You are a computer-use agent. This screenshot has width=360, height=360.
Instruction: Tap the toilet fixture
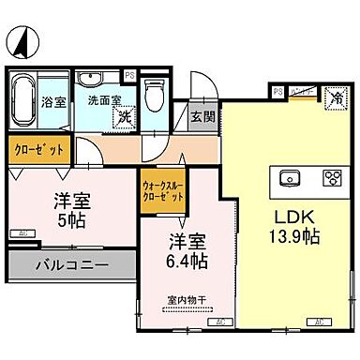(x=156, y=95)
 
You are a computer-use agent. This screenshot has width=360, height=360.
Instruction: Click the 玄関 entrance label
(x=202, y=117)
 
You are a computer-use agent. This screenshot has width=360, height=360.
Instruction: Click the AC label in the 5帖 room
(x=19, y=233)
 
